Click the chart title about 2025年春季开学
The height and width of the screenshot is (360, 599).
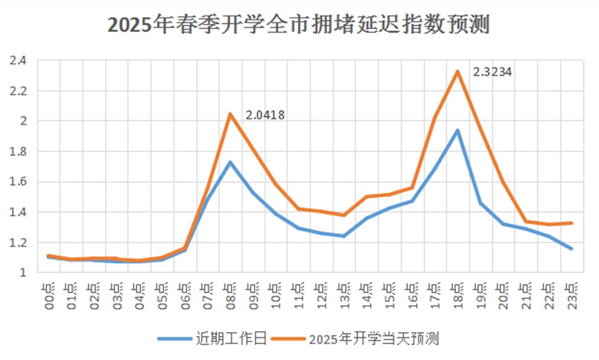point(299,25)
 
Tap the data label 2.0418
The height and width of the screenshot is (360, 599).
point(265,115)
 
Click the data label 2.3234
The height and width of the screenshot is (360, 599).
point(492,72)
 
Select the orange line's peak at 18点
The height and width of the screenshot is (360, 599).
point(457,72)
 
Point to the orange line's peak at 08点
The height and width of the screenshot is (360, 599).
point(230,114)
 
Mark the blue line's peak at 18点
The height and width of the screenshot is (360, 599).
point(457,130)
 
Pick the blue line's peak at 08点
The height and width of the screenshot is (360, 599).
point(230,162)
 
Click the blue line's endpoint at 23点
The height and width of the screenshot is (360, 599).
point(571,248)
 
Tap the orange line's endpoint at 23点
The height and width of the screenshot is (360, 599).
point(571,223)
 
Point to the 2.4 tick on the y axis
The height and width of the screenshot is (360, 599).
point(18,61)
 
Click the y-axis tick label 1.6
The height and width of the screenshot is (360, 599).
point(18,182)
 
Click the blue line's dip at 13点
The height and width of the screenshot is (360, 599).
point(344,236)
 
